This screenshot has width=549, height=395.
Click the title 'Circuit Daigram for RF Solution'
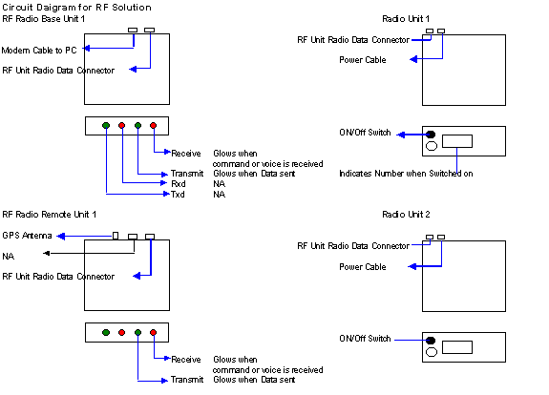[76, 8]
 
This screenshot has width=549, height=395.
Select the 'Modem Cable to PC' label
[39, 51]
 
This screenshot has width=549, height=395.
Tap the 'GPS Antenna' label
[27, 236]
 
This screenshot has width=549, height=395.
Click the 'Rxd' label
[179, 184]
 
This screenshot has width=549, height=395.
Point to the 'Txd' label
[178, 195]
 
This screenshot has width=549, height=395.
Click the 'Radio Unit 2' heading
[406, 215]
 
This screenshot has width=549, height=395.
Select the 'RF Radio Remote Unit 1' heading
[49, 215]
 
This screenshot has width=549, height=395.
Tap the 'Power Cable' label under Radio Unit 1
[363, 60]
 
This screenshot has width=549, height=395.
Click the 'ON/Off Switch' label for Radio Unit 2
[365, 339]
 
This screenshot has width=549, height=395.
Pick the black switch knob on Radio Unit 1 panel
[431, 135]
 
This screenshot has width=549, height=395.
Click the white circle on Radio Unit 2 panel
[432, 352]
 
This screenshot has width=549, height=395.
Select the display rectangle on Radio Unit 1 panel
[457, 141]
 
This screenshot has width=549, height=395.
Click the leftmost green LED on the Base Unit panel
[106, 125]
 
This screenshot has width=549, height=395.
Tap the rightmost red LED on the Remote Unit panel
[154, 332]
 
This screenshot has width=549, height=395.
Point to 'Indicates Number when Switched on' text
[406, 174]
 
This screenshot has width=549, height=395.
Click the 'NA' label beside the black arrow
[8, 257]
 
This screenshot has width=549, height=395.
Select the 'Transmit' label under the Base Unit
[187, 174]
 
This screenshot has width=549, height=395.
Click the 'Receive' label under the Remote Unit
[186, 360]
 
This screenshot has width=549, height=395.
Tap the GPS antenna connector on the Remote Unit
[116, 236]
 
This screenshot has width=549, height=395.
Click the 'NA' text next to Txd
[220, 195]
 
